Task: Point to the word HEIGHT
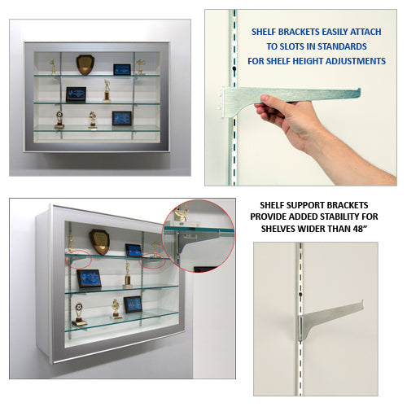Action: click(307, 61)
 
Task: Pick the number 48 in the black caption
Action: click(357, 229)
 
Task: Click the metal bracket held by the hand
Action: click(291, 98)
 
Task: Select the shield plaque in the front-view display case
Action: click(85, 64)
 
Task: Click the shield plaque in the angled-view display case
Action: click(99, 242)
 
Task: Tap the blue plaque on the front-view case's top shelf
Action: click(122, 69)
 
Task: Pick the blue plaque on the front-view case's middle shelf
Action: click(76, 94)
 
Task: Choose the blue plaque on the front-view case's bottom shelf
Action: click(122, 118)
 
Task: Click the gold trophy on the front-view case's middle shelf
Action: click(107, 91)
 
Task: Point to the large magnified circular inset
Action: click(199, 236)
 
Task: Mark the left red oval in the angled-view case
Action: click(78, 259)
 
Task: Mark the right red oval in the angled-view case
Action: click(152, 260)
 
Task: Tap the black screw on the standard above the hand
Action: click(234, 68)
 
